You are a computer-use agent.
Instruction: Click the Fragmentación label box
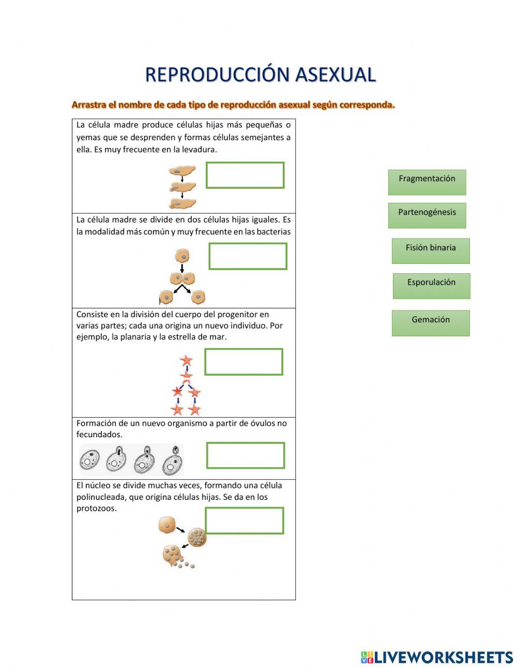coord(427,182)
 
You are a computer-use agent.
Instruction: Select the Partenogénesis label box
coord(427,215)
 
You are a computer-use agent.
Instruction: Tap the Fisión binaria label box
coord(430,250)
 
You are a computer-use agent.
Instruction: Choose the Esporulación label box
coord(431,286)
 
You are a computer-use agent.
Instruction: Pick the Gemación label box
coord(430,323)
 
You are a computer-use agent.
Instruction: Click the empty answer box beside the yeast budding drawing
coord(245,175)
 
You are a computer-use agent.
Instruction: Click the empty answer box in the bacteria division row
coord(248,256)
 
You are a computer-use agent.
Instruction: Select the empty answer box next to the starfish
coord(244,362)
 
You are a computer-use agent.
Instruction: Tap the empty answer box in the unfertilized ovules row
coord(246,455)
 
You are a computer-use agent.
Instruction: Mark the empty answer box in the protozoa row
coord(245,521)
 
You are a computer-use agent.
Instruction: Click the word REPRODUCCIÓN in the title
coord(217,75)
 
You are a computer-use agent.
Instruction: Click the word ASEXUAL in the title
coord(335,75)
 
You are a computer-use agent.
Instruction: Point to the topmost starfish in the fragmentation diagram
coord(186,361)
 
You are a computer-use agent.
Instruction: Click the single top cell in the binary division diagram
coord(182,256)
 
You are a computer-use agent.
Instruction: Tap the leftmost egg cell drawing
coord(89,460)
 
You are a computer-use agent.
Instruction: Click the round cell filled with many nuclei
coord(196,538)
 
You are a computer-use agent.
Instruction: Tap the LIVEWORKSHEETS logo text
coord(443,657)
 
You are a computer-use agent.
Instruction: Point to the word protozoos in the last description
coord(97,508)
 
